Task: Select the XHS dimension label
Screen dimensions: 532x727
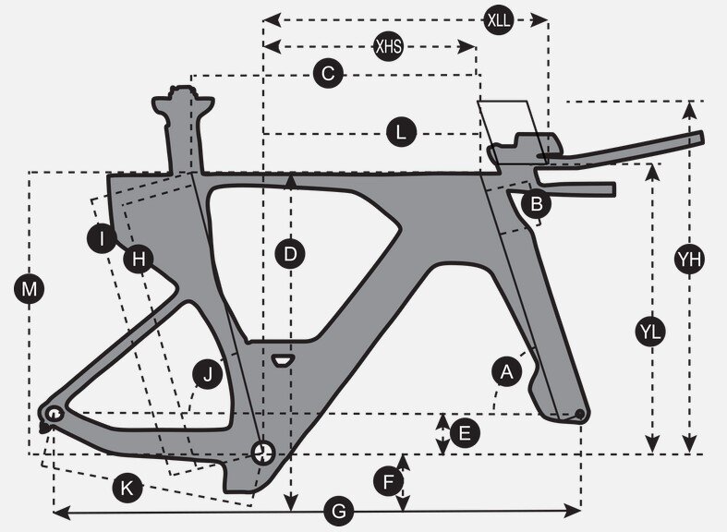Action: coord(388,46)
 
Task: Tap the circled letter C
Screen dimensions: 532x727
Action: coord(328,74)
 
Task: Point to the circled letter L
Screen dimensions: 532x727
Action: coord(400,133)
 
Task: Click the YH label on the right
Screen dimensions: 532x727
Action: coord(689,260)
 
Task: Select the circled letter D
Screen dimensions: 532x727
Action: coord(291,253)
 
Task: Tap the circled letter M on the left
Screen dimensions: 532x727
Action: coord(30,290)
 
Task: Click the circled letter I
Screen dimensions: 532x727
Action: coord(104,239)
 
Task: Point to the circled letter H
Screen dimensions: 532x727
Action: coord(139,260)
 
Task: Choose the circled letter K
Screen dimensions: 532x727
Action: coord(127,488)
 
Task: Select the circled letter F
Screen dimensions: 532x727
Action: coord(389,480)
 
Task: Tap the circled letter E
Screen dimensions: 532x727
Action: coord(464,431)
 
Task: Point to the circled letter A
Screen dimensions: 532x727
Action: coord(505,371)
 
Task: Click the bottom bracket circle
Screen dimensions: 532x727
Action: coord(263,452)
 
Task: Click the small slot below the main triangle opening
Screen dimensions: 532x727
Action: coord(283,357)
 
